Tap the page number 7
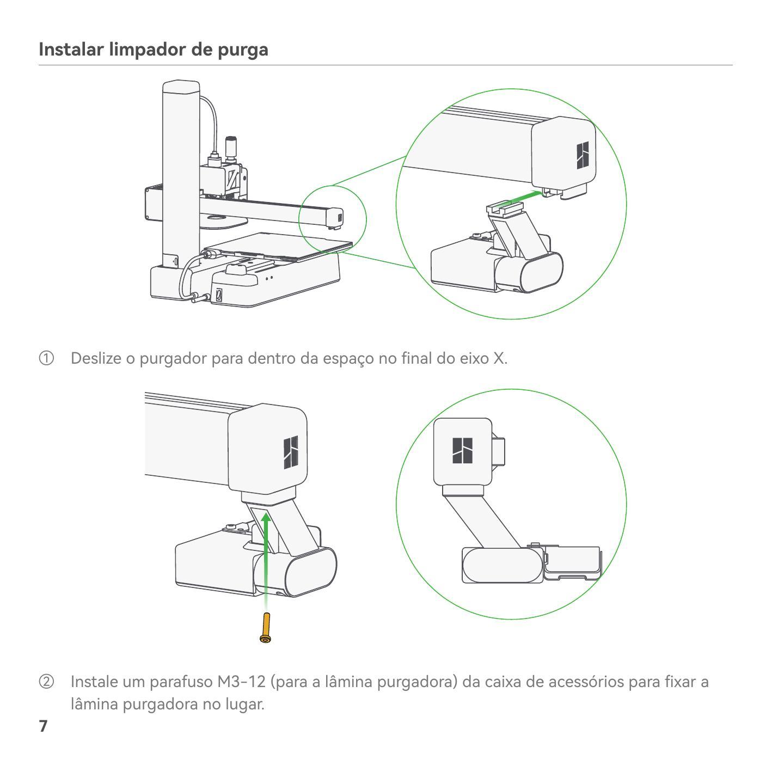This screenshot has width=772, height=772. click(x=43, y=726)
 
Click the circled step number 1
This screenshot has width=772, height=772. click(x=46, y=359)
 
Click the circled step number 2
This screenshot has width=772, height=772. click(x=46, y=682)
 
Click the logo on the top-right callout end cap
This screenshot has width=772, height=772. click(x=583, y=155)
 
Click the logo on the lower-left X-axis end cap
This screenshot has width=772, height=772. click(x=291, y=452)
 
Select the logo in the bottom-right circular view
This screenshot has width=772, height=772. click(x=462, y=450)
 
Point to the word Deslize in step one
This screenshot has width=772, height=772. click(x=96, y=359)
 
